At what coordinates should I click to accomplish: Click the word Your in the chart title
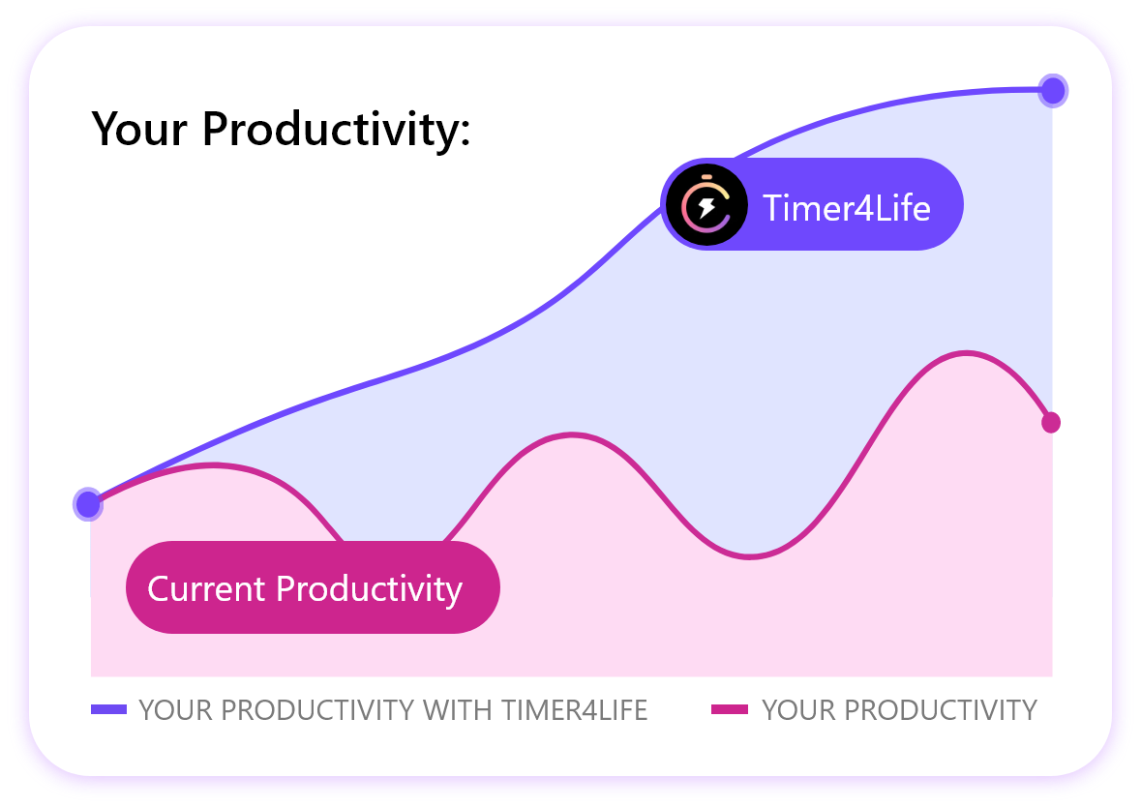click(x=139, y=129)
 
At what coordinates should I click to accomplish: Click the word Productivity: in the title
click(x=337, y=131)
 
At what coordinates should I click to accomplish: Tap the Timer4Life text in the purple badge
click(x=846, y=208)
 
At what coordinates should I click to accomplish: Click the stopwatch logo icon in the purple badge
click(x=706, y=206)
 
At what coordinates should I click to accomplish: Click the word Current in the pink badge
click(x=206, y=588)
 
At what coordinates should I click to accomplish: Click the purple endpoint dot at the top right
click(x=1053, y=91)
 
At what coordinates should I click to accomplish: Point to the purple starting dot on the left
click(x=88, y=504)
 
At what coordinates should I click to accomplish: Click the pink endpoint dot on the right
click(x=1051, y=423)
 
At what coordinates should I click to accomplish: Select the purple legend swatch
click(x=108, y=709)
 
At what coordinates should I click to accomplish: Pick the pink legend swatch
click(x=729, y=709)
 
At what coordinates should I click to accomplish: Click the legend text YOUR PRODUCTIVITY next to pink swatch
click(x=899, y=710)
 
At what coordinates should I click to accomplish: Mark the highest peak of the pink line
click(x=965, y=354)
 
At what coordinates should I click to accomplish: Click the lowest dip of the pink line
click(x=749, y=556)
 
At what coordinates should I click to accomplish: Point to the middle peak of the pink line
click(x=572, y=435)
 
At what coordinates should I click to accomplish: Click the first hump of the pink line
click(x=212, y=465)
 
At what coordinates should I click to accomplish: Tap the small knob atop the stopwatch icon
click(x=706, y=177)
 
